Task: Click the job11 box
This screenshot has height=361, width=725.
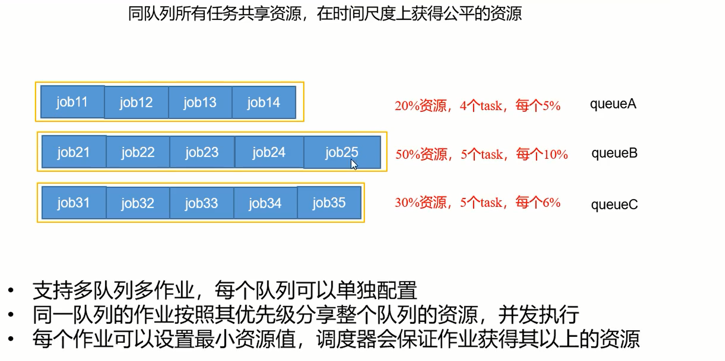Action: tap(72, 102)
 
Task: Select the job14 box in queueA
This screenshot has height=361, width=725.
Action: tap(263, 102)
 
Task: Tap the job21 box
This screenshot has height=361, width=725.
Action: tap(73, 152)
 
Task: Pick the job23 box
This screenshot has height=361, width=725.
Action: tap(202, 152)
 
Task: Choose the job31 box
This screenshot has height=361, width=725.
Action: tap(73, 203)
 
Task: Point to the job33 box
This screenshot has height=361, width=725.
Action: tap(201, 203)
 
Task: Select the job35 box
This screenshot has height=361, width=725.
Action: tap(329, 203)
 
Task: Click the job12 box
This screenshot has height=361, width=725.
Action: tap(136, 102)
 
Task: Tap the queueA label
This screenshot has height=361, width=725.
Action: tap(613, 104)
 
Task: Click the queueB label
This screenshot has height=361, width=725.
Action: tap(614, 153)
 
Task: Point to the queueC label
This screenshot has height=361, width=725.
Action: tap(614, 204)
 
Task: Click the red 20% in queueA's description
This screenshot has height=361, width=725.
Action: tap(407, 106)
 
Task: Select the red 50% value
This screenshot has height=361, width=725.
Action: tap(407, 155)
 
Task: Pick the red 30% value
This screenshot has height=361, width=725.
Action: tap(407, 203)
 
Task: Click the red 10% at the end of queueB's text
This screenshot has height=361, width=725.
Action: tap(555, 155)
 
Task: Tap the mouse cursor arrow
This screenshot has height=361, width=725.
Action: tap(354, 164)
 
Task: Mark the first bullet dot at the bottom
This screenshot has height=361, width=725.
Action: tap(11, 290)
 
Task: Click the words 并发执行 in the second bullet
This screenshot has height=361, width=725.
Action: tap(538, 315)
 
